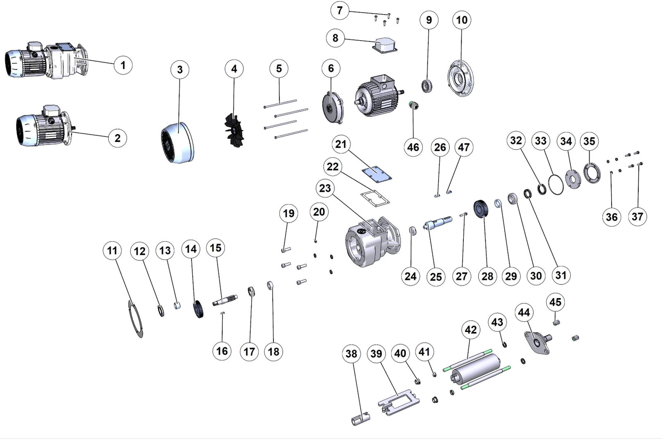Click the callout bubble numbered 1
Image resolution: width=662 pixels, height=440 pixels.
pos(122,65)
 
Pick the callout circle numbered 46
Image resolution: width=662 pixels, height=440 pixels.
pos(413,147)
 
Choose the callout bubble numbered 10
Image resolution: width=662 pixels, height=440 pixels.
pos(462,20)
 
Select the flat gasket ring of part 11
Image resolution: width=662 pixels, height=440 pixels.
pos(135,319)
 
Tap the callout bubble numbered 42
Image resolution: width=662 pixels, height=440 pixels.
pos(471,329)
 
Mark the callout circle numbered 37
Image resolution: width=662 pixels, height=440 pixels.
pos(637,216)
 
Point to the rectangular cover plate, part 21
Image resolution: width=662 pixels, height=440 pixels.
pos(376,173)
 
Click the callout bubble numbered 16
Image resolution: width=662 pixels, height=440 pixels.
pos(222,351)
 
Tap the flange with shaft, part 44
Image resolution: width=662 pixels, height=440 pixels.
pos(537,342)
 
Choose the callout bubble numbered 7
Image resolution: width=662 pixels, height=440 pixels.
pos(340,10)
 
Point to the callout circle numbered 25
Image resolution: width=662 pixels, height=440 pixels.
pos(436,277)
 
